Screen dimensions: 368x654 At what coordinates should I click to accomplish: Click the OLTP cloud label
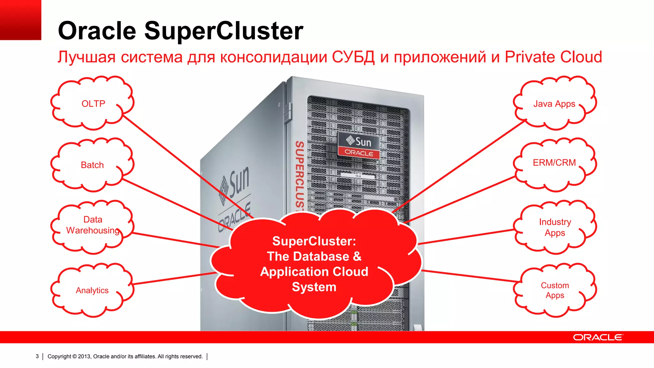pyautogui.click(x=93, y=104)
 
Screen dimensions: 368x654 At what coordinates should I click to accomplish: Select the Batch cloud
pyautogui.click(x=92, y=165)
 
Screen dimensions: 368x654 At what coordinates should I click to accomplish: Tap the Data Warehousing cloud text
pyautogui.click(x=93, y=225)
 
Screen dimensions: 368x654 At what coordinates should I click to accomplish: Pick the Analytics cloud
pyautogui.click(x=92, y=290)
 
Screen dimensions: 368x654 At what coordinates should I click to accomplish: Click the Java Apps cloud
pyautogui.click(x=554, y=104)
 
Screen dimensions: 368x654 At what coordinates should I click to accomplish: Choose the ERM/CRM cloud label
pyautogui.click(x=554, y=163)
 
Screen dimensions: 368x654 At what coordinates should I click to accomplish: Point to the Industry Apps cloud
pyautogui.click(x=555, y=227)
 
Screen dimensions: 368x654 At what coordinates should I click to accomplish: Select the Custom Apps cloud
pyautogui.click(x=555, y=290)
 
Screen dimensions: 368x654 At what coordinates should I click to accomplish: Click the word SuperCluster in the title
pyautogui.click(x=224, y=31)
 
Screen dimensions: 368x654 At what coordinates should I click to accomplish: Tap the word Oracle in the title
pyautogui.click(x=97, y=31)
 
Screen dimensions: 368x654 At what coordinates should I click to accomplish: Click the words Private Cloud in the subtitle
pyautogui.click(x=553, y=57)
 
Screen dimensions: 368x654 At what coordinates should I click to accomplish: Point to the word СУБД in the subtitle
pyautogui.click(x=353, y=57)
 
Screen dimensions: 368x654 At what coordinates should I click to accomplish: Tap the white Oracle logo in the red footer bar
pyautogui.click(x=598, y=337)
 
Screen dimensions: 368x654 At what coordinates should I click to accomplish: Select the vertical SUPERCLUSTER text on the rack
pyautogui.click(x=299, y=176)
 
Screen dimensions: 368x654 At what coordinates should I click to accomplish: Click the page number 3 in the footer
pyautogui.click(x=37, y=356)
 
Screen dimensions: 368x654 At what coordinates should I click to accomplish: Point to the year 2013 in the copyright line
pyautogui.click(x=84, y=356)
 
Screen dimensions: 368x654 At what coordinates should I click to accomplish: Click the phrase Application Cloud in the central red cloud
pyautogui.click(x=314, y=272)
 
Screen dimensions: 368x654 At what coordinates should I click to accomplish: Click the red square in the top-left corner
pyautogui.click(x=20, y=20)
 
